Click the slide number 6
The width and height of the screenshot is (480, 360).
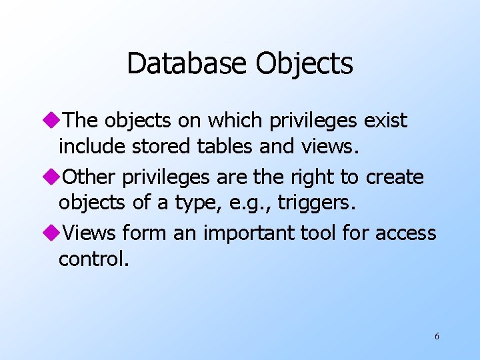(x=437, y=336)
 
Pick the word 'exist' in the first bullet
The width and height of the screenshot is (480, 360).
(x=385, y=121)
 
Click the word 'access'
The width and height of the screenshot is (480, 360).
(x=405, y=233)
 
